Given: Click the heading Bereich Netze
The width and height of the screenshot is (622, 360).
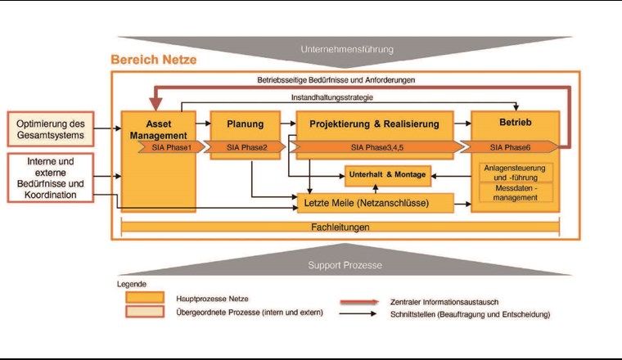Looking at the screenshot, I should point(153,61).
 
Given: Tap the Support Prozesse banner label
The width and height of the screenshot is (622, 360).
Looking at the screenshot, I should point(345,266).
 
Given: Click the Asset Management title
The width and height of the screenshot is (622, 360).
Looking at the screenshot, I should point(160,130).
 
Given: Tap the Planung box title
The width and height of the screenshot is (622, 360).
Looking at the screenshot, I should point(245,124).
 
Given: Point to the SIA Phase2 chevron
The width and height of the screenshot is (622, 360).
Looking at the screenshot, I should point(246,147).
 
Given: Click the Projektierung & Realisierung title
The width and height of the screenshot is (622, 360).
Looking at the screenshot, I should point(373,124).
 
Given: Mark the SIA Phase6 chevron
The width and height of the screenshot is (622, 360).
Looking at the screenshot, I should point(513,147).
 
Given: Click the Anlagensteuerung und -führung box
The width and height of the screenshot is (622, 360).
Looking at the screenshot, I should point(515,173).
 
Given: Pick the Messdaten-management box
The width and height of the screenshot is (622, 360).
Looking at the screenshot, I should point(515,192).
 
